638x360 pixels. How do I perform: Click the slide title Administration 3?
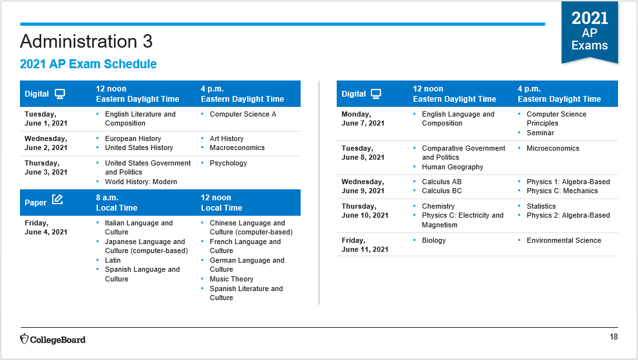86,41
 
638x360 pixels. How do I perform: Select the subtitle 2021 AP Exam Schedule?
88,64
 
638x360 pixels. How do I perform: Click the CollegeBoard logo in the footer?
53,339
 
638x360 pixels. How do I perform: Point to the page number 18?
614,337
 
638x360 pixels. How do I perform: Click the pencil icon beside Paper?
57,200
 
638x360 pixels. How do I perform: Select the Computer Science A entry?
243,115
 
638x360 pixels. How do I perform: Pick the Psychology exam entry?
229,164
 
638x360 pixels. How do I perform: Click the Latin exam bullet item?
113,260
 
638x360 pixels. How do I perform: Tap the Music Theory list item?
232,279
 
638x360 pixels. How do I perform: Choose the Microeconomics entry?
552,148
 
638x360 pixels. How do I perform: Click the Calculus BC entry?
442,191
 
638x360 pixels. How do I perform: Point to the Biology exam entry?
434,241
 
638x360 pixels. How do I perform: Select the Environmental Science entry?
563,241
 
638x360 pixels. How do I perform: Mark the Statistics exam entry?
541,207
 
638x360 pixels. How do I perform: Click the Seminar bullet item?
540,133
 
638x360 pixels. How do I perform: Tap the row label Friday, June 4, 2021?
46,227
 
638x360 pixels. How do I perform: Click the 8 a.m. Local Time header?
117,203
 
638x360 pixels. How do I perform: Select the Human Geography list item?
453,167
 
